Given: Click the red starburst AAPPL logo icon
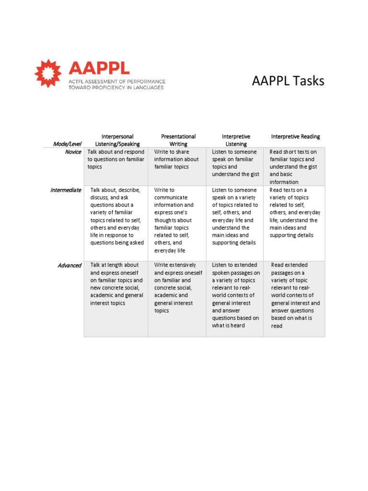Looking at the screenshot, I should tap(48, 73).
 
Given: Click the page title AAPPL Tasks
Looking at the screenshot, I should tap(288, 81).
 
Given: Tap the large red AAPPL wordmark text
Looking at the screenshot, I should tap(98, 68).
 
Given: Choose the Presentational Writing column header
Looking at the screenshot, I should tap(178, 140).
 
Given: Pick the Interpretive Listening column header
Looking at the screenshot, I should tap(236, 140).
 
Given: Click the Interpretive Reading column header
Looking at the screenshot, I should tap(296, 137).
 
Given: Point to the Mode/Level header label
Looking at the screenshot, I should tap(67, 144).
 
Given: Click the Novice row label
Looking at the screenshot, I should tap(73, 152).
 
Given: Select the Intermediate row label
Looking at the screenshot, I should tap(66, 190).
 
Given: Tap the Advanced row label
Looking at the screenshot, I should tap(69, 265).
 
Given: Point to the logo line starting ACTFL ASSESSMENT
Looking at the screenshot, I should tap(117, 82).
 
